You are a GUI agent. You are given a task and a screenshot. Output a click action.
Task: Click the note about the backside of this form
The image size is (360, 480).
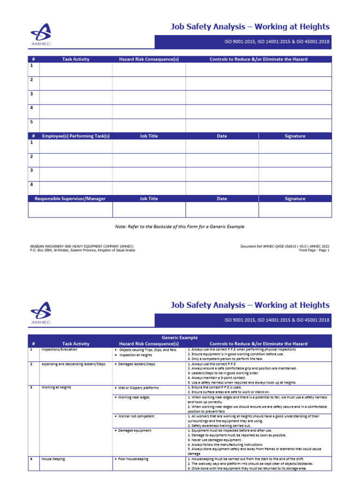pos(180,226)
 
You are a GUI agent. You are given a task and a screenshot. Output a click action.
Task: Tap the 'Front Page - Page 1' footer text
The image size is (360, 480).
pos(314,250)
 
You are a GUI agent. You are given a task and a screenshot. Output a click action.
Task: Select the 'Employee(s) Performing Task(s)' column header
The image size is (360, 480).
pos(75,136)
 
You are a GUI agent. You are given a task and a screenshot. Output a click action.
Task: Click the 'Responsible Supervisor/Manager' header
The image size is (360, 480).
pos(70,199)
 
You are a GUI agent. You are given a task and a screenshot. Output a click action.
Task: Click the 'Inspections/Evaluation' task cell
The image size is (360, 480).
pos(60,350)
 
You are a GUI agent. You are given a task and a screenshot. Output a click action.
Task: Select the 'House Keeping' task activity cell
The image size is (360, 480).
pos(53,459)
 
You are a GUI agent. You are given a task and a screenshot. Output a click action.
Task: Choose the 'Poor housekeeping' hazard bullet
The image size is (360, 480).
pos(133,459)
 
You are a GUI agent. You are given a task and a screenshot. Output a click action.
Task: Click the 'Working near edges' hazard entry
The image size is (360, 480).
pos(135,397)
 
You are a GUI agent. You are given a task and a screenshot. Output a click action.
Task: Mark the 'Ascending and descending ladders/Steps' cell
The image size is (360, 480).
pos(74,364)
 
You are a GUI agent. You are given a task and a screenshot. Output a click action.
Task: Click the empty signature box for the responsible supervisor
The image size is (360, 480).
pos(295,210)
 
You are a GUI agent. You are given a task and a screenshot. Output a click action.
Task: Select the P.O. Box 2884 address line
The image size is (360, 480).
pos(82,250)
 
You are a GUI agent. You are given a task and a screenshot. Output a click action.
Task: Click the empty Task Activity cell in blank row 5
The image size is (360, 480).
pos(75,125)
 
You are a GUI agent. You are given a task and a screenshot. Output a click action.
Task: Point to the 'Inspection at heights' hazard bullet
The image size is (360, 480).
pos(135,355)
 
